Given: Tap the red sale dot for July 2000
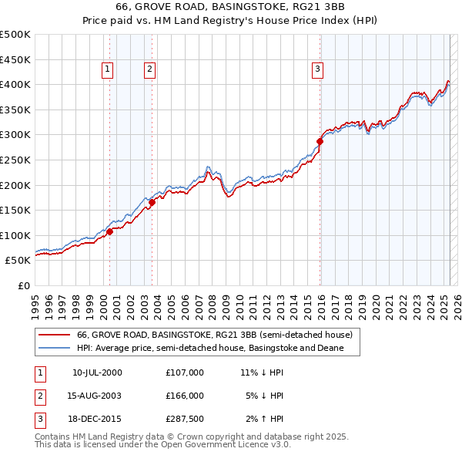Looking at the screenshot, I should tap(110, 231).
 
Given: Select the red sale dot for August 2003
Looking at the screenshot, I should tap(152, 202).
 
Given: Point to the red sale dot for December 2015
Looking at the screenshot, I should tap(320, 141).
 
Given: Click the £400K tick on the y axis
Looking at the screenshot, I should tap(16, 85).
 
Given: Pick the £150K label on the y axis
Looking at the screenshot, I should tap(16, 210).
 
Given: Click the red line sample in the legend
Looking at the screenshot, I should tap(54, 335).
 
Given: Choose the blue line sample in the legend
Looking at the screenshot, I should tap(54, 348).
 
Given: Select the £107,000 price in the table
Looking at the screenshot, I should tap(185, 372).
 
